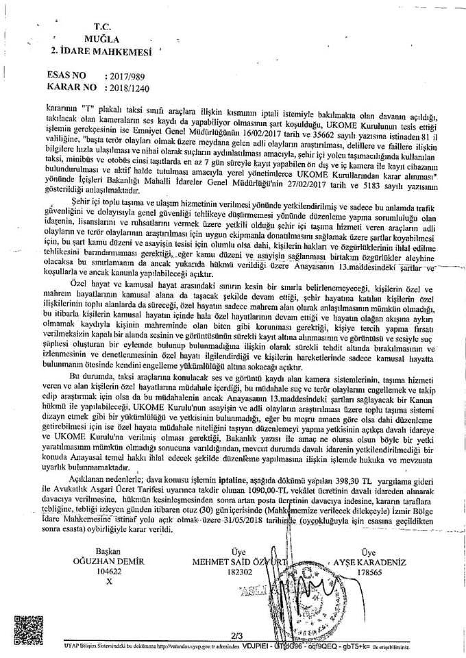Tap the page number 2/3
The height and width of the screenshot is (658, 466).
pos(238,635)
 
